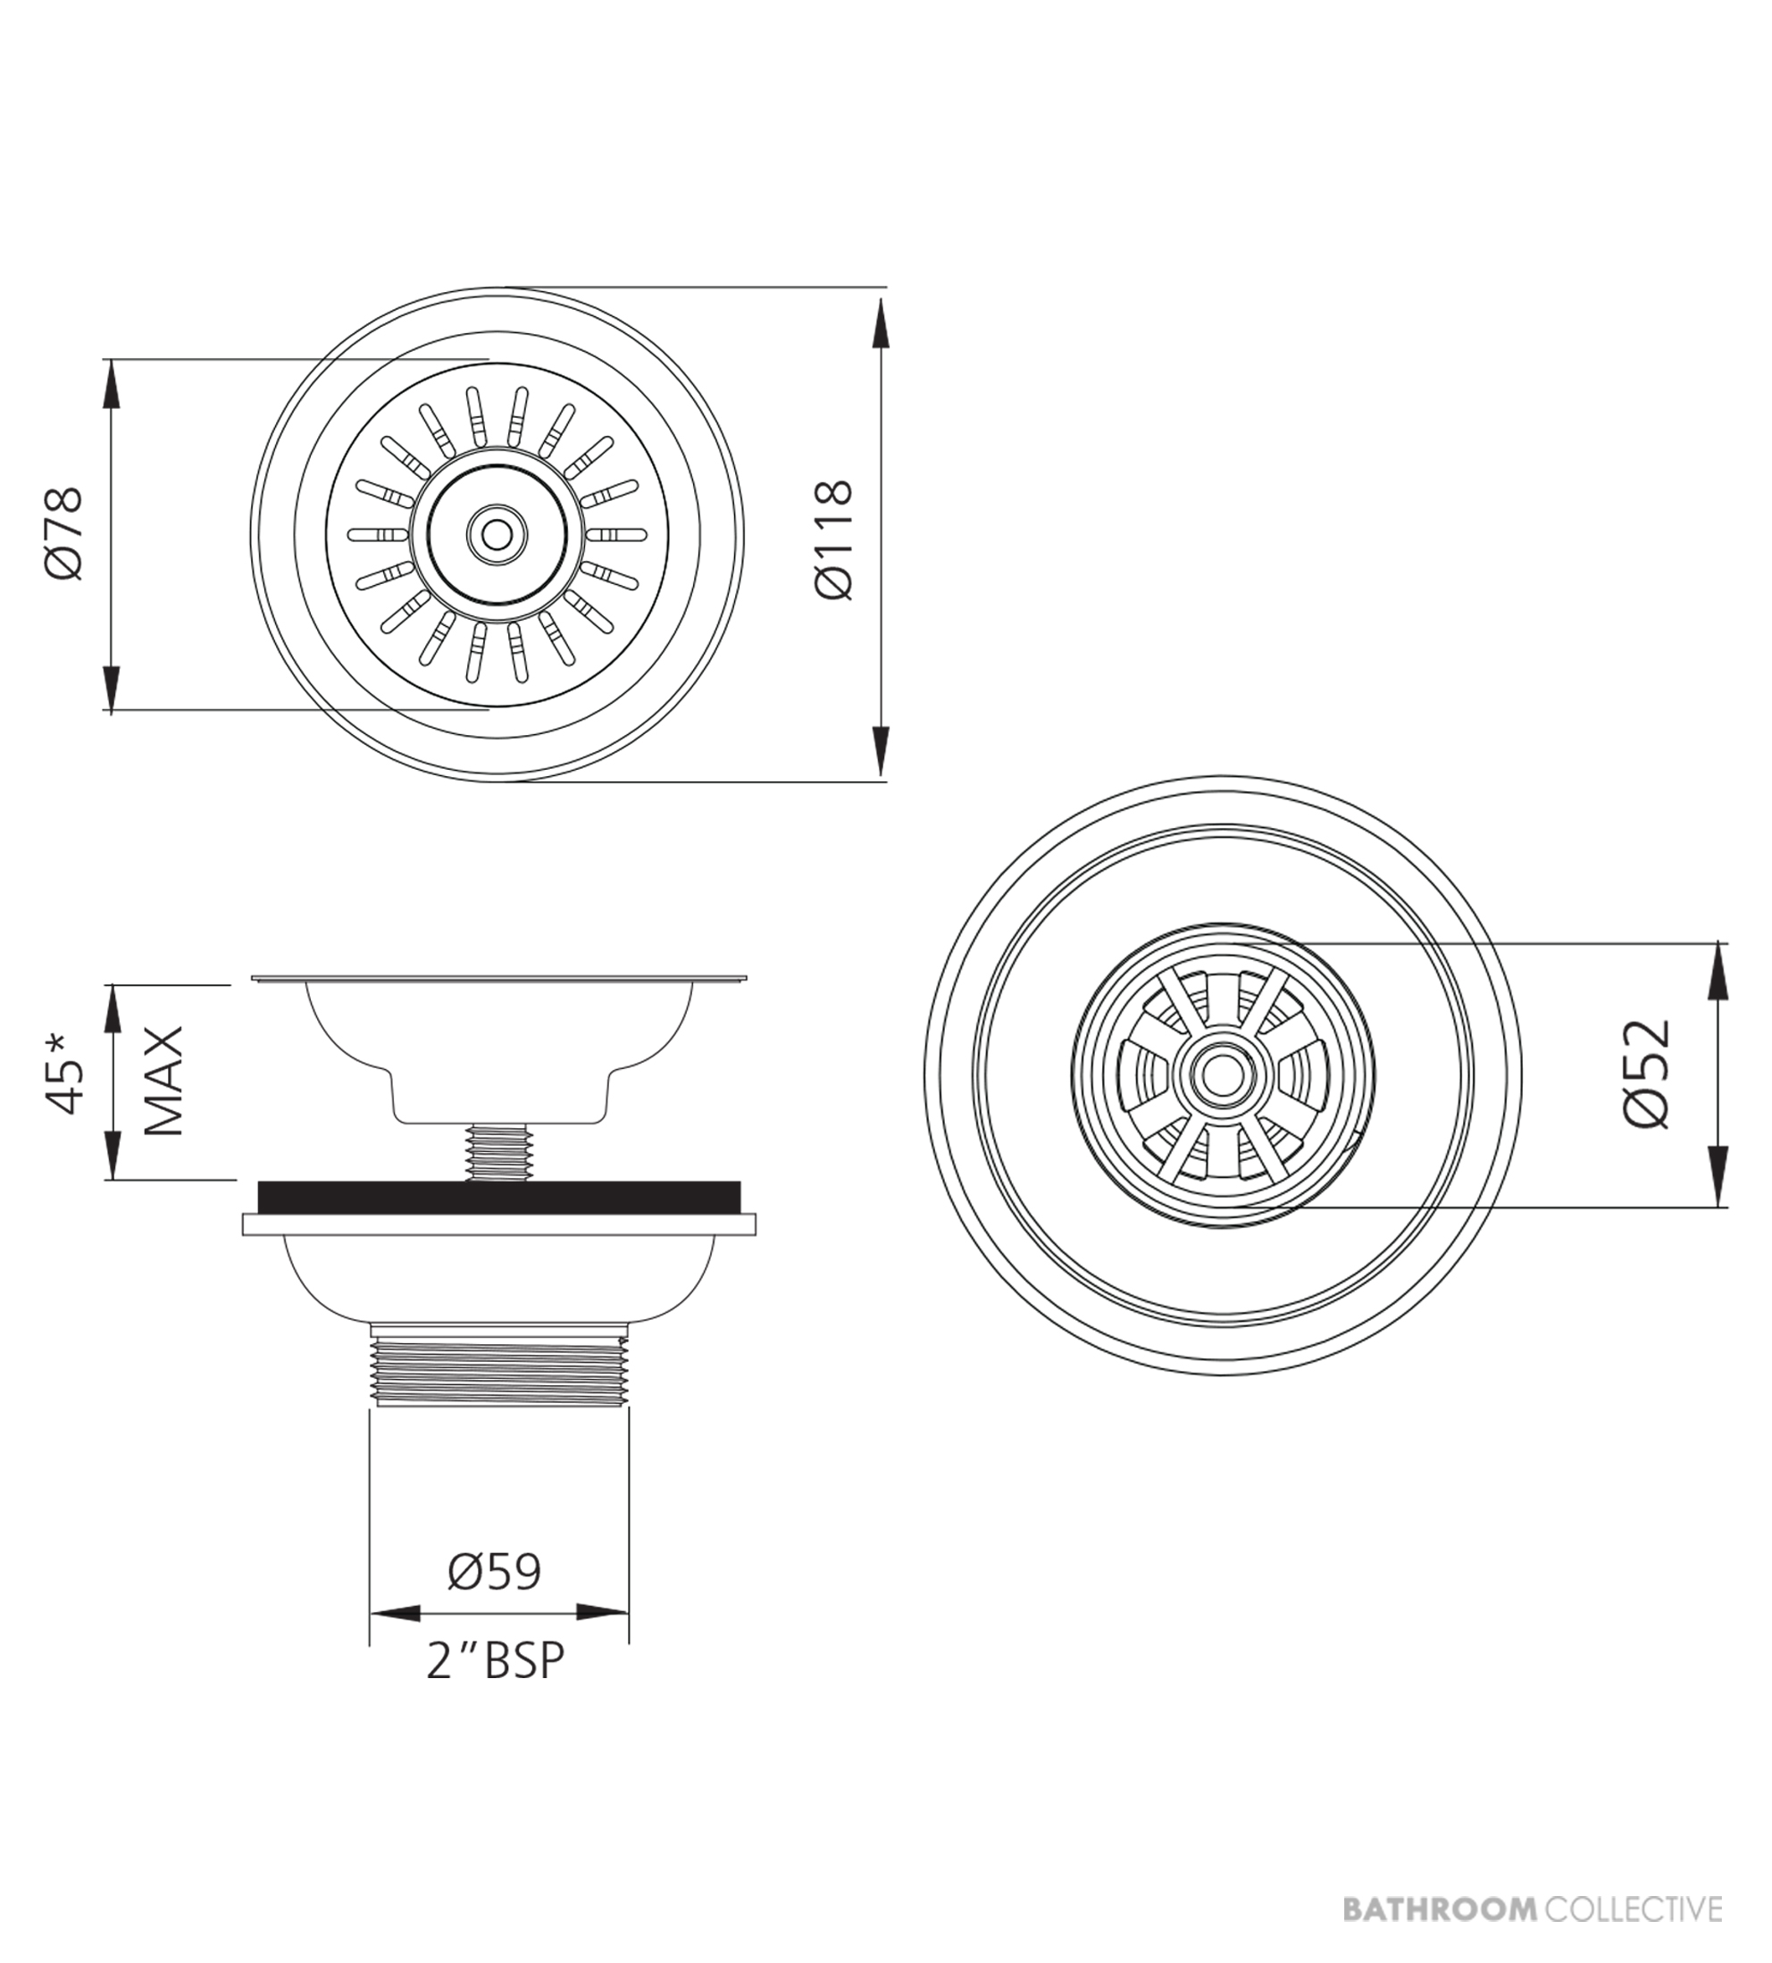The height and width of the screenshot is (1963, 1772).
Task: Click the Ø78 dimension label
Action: (x=64, y=533)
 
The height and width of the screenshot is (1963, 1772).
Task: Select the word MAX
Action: (x=163, y=1081)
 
